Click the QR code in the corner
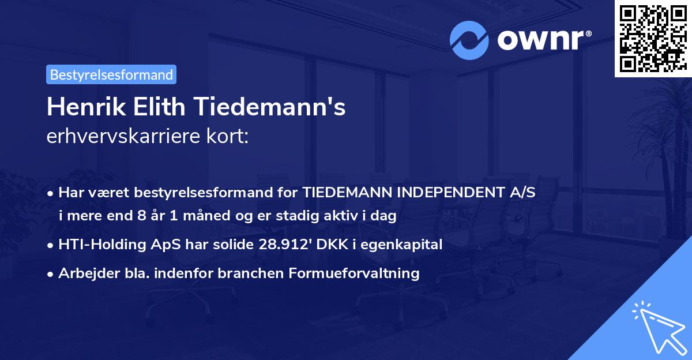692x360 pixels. click(653, 39)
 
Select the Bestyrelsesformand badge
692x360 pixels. click(111, 74)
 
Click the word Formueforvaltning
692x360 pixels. click(353, 273)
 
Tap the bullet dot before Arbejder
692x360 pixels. click(51, 273)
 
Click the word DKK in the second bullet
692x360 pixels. click(328, 245)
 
